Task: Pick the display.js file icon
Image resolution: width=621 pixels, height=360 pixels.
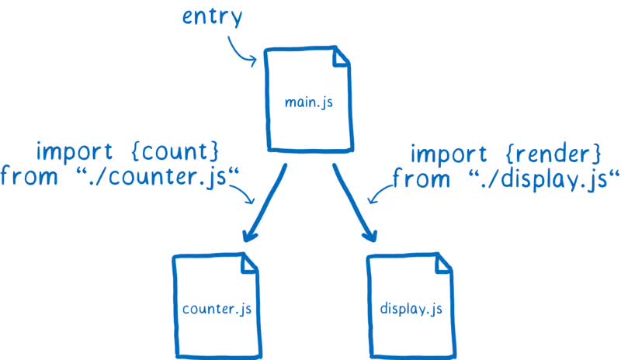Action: click(411, 306)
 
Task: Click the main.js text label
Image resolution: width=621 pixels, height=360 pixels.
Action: click(309, 102)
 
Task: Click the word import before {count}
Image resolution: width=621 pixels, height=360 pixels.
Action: click(71, 149)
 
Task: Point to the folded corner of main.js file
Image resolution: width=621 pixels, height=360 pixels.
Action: click(342, 59)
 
